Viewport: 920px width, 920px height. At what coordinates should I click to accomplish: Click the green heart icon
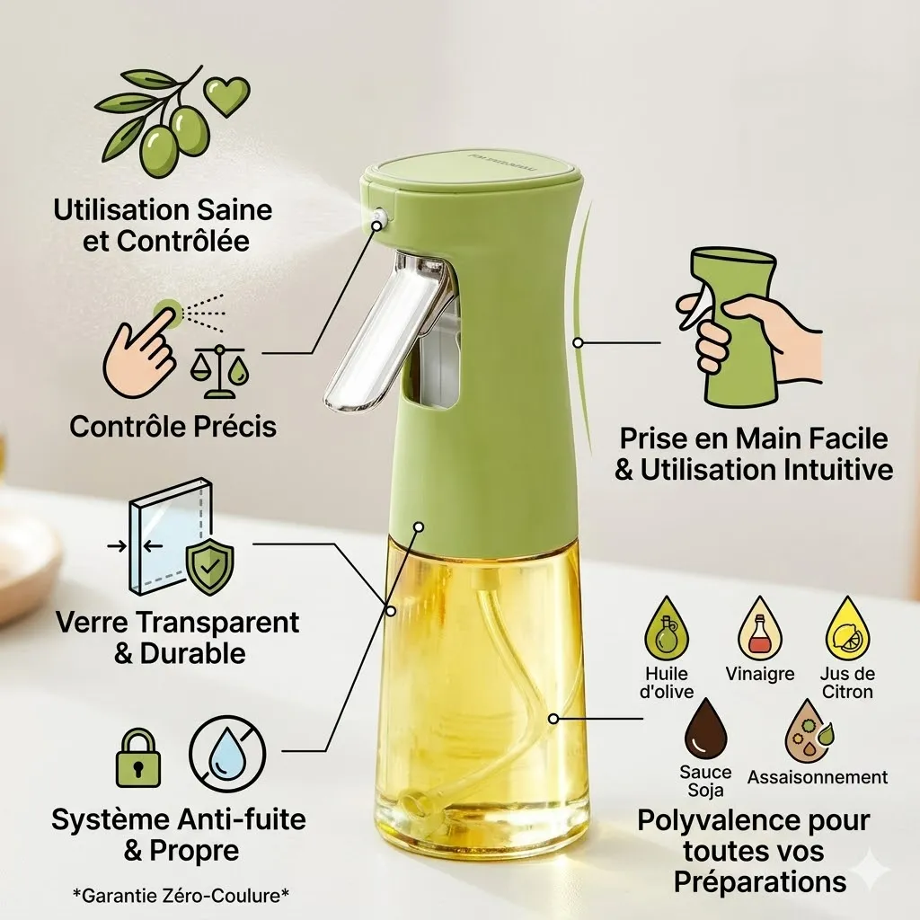coord(226,96)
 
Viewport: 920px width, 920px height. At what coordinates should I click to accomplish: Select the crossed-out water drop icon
coord(227,753)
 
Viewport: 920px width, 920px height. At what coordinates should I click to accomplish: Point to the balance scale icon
coord(220,371)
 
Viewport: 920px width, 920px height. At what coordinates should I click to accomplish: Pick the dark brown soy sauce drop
coord(705,730)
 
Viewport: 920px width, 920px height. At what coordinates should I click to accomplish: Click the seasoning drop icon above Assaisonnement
coord(809,730)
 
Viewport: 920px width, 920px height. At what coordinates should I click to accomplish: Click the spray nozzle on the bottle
coord(378,217)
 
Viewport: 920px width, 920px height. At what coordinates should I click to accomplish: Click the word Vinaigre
coord(760,674)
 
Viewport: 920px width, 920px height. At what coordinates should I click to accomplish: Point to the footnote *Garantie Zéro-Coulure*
coord(181,896)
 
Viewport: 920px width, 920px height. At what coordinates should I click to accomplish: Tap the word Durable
coord(193,654)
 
